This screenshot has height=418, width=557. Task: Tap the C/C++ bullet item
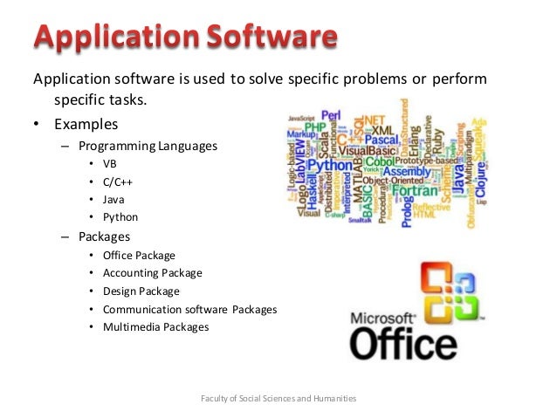pos(119,182)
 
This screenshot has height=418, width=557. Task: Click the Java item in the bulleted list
pos(114,199)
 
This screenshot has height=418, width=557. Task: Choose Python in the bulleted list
pos(120,217)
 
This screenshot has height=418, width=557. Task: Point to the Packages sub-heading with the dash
pos(104,236)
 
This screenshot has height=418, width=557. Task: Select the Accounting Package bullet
pos(152,273)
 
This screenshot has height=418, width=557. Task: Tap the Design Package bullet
pos(141,291)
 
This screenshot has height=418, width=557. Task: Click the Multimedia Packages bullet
pos(155,327)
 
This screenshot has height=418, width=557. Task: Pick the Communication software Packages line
pos(189,309)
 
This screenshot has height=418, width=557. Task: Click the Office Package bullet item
pos(139,256)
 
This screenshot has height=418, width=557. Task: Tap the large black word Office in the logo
pos(402,343)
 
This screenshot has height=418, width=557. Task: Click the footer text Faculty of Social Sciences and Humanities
pos(278,399)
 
